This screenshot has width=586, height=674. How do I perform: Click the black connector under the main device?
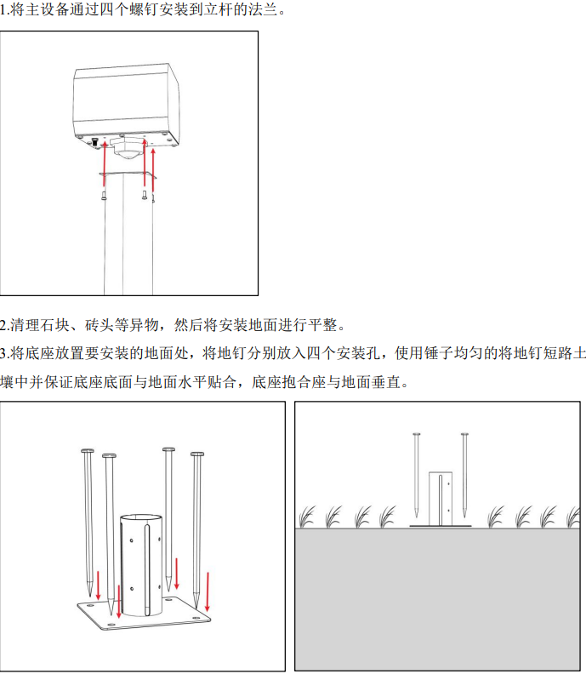pos(94,142)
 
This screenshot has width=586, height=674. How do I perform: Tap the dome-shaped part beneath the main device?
pos(128,152)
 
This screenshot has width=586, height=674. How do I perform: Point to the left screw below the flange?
pos(104,195)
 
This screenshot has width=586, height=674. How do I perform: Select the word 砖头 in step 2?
pos(99,324)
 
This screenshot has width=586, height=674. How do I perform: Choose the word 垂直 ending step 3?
pos(387,381)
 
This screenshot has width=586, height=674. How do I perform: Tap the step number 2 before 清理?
pos(4,324)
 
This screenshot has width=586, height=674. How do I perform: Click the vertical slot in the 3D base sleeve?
pos(147,570)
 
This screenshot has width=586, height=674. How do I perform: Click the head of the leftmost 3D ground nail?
pos(87,450)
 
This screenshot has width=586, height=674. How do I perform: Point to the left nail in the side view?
pos(417,472)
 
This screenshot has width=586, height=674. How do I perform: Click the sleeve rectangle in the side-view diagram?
pos(441,497)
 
